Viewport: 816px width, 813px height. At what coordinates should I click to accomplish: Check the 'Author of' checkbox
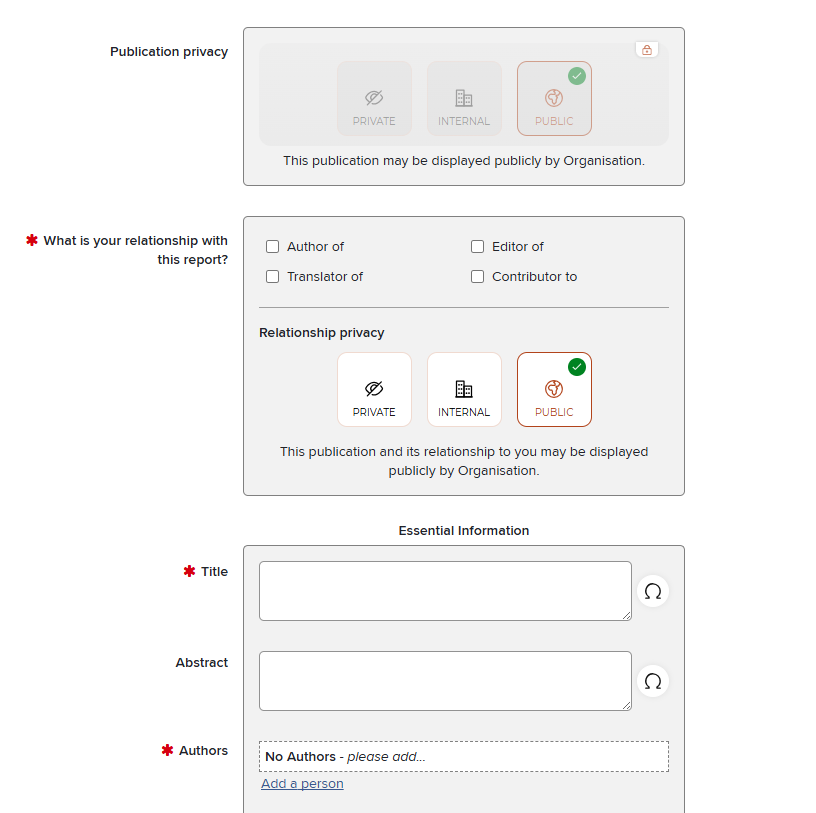273,247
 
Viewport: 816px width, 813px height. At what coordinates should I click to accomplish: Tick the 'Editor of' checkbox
478,247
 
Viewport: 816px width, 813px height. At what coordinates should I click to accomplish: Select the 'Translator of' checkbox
273,277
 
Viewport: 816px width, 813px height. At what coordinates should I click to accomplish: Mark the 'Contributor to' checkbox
478,277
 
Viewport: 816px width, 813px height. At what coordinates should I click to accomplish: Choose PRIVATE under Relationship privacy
374,389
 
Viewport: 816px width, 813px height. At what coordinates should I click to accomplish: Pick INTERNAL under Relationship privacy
464,389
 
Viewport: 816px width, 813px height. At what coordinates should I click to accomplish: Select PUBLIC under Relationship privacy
554,389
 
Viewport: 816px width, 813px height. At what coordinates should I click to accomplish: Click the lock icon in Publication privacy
647,50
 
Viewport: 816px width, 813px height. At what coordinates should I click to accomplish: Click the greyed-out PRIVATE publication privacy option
374,98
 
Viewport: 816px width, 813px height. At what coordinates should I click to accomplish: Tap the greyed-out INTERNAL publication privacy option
464,98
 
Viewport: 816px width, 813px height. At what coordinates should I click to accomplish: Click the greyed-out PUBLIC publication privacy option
554,98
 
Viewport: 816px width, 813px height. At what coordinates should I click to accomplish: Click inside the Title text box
445,591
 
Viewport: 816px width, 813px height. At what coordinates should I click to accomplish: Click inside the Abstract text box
445,681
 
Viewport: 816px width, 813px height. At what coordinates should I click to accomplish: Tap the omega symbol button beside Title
653,591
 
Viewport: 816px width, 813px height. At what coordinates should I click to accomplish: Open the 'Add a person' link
302,784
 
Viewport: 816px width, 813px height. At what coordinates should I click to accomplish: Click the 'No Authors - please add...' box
463,757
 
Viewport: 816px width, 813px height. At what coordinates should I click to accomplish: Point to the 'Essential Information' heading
464,531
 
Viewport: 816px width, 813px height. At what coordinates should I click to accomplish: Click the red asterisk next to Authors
167,750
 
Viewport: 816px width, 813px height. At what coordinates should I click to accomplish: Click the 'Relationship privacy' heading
322,333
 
